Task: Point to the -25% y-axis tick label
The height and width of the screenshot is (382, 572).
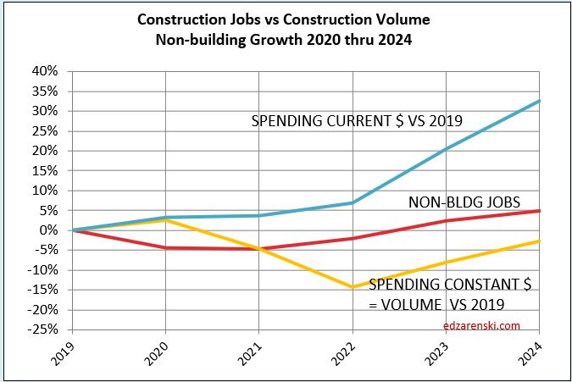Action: click(x=46, y=329)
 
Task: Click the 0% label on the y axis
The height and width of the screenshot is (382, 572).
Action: click(x=51, y=230)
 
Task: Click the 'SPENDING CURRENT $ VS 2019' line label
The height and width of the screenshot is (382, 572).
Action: click(x=357, y=121)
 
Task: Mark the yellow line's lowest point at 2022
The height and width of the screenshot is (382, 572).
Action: click(x=353, y=287)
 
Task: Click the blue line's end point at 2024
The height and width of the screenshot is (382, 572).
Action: click(x=540, y=101)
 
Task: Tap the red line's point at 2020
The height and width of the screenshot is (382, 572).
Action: click(x=165, y=247)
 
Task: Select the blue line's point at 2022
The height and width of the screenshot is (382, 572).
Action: click(x=353, y=202)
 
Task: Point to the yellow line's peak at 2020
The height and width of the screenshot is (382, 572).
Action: click(x=165, y=220)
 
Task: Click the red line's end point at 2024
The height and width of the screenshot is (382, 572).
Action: click(x=540, y=211)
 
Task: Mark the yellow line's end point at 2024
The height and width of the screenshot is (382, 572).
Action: click(x=540, y=241)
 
